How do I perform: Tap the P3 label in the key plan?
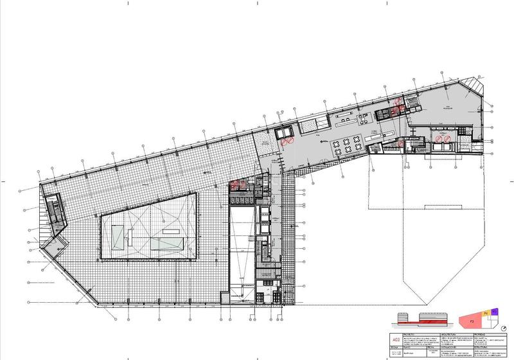click(x=471, y=319)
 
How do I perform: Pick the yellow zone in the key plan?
click(x=486, y=312)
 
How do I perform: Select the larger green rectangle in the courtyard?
click(x=165, y=242)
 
